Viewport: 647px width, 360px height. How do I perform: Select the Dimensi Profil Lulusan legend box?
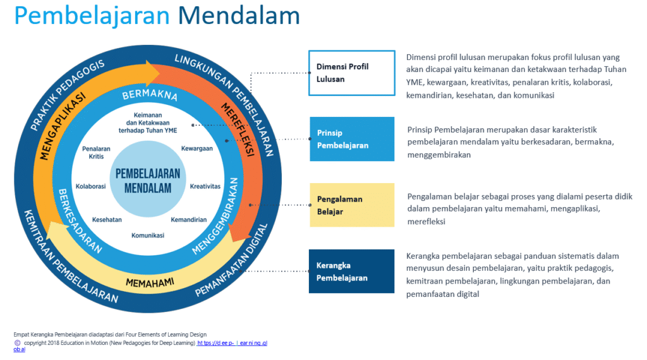tap(351, 73)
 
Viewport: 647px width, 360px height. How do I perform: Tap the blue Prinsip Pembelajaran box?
tap(351, 139)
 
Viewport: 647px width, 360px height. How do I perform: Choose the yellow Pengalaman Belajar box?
tap(351, 205)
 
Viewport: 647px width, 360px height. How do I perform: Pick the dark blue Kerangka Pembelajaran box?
tap(351, 272)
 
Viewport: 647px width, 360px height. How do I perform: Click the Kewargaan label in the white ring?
tap(197, 148)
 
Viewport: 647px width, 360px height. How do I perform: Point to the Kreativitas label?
tap(205, 186)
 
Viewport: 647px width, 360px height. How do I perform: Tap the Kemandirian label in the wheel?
tap(188, 220)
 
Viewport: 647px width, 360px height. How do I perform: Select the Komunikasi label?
tap(148, 236)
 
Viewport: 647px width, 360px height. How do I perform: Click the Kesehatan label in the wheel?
tap(107, 220)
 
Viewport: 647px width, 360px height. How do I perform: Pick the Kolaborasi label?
tap(91, 186)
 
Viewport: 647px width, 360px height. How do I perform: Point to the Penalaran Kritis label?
tap(96, 152)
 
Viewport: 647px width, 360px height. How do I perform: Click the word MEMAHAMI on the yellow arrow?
tap(150, 282)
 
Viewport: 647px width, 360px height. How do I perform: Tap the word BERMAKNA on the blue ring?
tap(150, 97)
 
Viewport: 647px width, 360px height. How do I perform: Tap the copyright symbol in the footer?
tap(16, 342)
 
